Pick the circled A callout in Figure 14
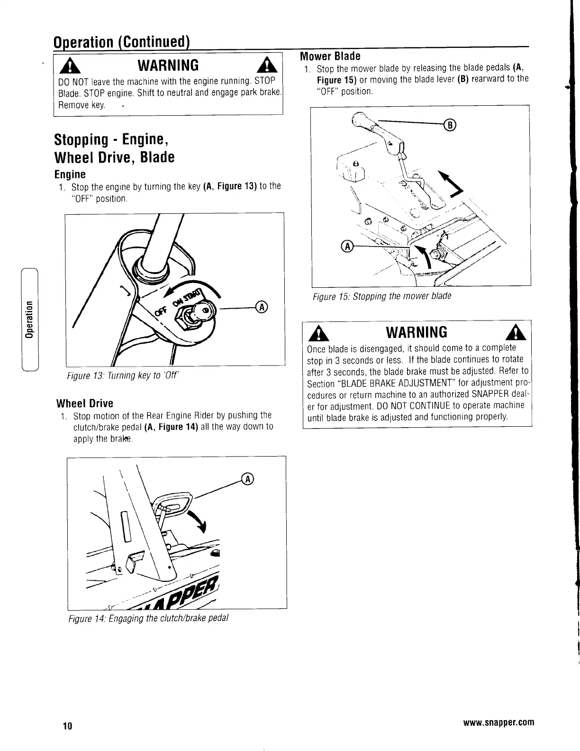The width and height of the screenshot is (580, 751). tap(247, 479)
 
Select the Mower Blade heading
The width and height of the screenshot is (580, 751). tap(330, 56)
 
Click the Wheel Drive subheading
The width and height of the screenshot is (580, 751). tap(85, 403)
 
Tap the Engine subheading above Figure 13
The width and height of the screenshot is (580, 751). tap(70, 174)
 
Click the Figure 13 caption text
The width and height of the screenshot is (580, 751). tap(122, 376)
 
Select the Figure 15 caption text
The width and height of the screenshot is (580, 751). tap(381, 296)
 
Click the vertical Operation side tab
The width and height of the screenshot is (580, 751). tap(29, 318)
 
